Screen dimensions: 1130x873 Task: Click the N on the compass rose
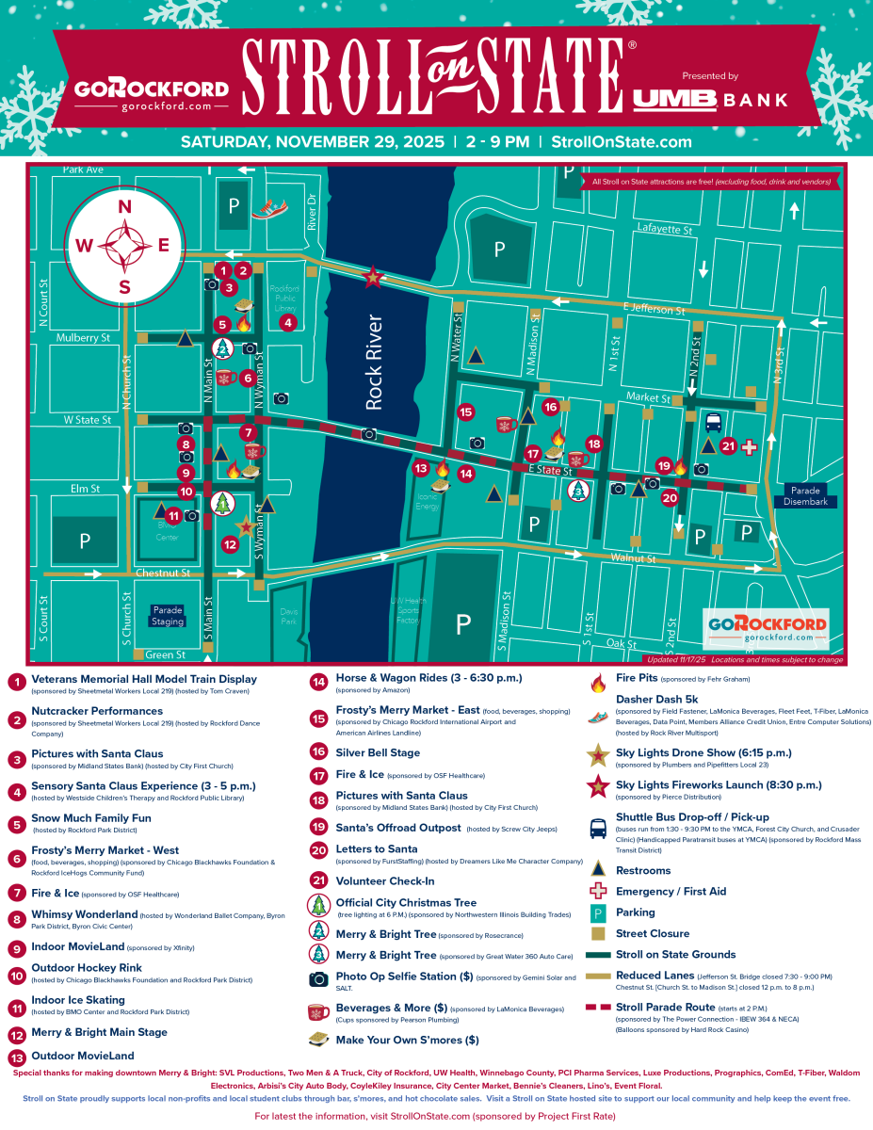(x=123, y=207)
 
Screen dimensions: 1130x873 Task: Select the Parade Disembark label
(x=806, y=496)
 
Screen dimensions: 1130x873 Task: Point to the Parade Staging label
(x=168, y=615)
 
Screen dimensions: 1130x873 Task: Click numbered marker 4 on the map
(x=288, y=322)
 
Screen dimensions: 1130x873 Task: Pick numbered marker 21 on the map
(x=727, y=445)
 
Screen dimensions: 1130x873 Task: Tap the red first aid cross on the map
(x=750, y=447)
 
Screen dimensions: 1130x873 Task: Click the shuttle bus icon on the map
(x=714, y=422)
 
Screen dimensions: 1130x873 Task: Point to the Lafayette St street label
(x=665, y=229)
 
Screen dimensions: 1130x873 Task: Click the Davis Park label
(x=289, y=616)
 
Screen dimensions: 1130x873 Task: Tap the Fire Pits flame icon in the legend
(x=596, y=682)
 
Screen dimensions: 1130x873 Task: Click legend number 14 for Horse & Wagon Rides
(x=318, y=682)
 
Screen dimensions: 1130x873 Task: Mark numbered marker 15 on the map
(x=465, y=411)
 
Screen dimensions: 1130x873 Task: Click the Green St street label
(x=166, y=654)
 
